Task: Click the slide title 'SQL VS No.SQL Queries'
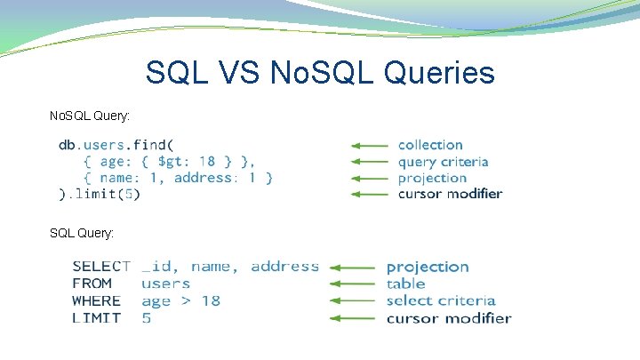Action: (x=320, y=73)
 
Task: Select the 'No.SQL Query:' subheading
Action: (x=90, y=116)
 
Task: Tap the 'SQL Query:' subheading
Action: (x=82, y=233)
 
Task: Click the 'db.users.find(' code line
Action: (x=116, y=145)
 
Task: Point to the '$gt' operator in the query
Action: (x=172, y=161)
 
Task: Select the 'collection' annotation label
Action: (x=430, y=145)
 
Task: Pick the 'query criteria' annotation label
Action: (x=443, y=162)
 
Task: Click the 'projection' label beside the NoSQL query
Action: (x=432, y=178)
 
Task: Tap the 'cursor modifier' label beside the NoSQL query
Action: (x=450, y=194)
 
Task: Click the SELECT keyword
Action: (x=101, y=267)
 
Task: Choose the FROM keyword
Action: (x=92, y=284)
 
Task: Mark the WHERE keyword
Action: (x=96, y=301)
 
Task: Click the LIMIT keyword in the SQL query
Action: (x=95, y=318)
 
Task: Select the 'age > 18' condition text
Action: (x=180, y=301)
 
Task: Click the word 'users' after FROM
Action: (x=165, y=284)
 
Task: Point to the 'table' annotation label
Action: (x=405, y=284)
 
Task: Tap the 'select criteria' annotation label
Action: (x=440, y=301)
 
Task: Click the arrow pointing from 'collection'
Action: (x=369, y=145)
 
